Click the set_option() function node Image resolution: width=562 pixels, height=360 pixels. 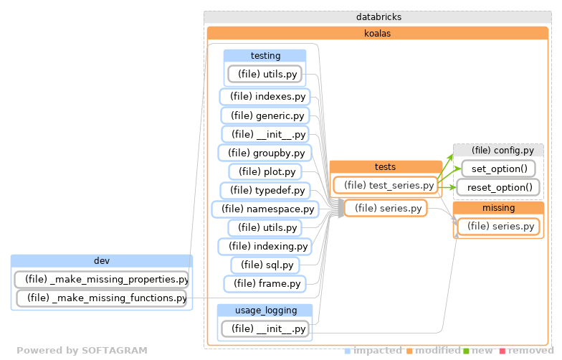tap(498, 169)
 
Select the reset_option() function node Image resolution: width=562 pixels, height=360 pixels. tap(498, 188)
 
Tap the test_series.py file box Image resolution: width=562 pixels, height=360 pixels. tap(386, 185)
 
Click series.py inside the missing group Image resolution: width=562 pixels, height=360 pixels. tap(498, 227)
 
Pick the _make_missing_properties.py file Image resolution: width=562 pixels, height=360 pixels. tap(102, 279)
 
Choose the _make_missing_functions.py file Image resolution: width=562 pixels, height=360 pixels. tap(102, 298)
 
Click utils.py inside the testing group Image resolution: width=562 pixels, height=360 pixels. tap(264, 74)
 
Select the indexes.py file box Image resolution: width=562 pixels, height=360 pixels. tap(263, 96)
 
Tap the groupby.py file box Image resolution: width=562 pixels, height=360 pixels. tap(265, 153)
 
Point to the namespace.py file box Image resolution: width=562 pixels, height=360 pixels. tap(265, 209)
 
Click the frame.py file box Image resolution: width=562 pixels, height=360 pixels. tap(265, 284)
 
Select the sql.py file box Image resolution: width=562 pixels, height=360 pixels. tap(265, 265)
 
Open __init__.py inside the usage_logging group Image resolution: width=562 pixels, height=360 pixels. tap(265, 329)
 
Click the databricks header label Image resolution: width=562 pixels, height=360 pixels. tap(378, 16)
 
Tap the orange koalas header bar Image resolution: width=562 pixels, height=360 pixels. tap(378, 33)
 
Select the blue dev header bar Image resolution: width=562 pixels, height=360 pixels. tap(102, 260)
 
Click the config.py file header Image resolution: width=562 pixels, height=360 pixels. tap(498, 150)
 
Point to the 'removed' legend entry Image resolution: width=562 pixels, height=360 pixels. tap(530, 351)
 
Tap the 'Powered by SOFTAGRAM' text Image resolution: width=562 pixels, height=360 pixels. tap(82, 351)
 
